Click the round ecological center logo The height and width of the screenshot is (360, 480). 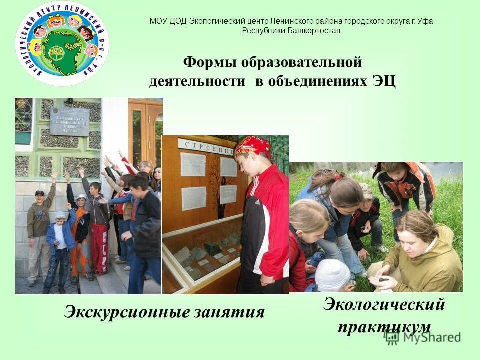(x=63, y=44)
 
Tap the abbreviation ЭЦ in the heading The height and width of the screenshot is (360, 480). (x=383, y=81)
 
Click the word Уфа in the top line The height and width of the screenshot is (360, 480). (x=425, y=21)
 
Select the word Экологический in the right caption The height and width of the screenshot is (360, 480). (x=384, y=304)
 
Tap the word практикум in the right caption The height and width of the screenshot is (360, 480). (x=384, y=327)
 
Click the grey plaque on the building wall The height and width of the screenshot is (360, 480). (x=69, y=121)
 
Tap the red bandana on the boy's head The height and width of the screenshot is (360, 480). (x=252, y=145)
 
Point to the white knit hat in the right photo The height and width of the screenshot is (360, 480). (x=332, y=275)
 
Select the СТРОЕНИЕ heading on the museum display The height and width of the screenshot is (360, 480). (x=206, y=146)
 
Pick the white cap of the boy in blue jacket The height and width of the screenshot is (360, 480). (x=60, y=215)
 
